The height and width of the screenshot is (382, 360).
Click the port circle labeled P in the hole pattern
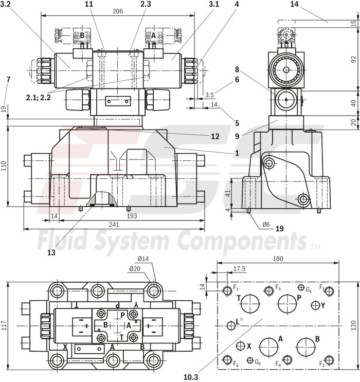tap(287, 303)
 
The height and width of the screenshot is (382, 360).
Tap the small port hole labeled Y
tap(316, 305)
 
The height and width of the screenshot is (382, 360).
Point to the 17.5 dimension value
tap(240, 268)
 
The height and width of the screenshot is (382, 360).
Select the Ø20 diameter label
tap(135, 268)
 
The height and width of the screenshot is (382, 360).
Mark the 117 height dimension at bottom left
tap(5, 325)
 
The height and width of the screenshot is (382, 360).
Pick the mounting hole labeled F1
tap(228, 292)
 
